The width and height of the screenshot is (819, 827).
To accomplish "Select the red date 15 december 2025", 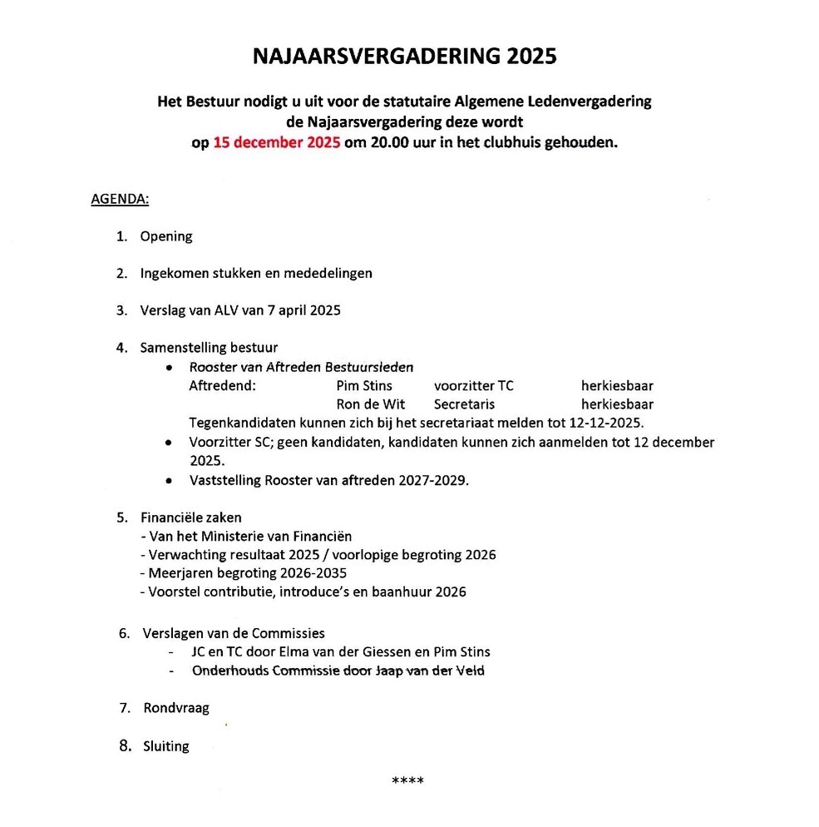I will [277, 142].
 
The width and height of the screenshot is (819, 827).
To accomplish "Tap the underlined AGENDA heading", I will [120, 200].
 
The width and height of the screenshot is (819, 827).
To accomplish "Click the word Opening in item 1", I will [166, 236].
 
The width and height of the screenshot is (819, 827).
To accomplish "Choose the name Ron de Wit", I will [371, 404].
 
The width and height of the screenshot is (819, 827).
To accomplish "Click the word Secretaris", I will [464, 404].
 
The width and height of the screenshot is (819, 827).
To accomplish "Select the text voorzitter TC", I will [474, 386].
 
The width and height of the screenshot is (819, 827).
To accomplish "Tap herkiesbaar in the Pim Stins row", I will [617, 386].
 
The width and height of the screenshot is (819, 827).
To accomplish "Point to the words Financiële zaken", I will [191, 517].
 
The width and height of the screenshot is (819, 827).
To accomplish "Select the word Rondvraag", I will [176, 708].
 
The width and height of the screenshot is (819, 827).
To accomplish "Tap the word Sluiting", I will [166, 746].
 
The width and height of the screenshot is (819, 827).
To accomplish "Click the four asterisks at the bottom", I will [408, 780].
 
